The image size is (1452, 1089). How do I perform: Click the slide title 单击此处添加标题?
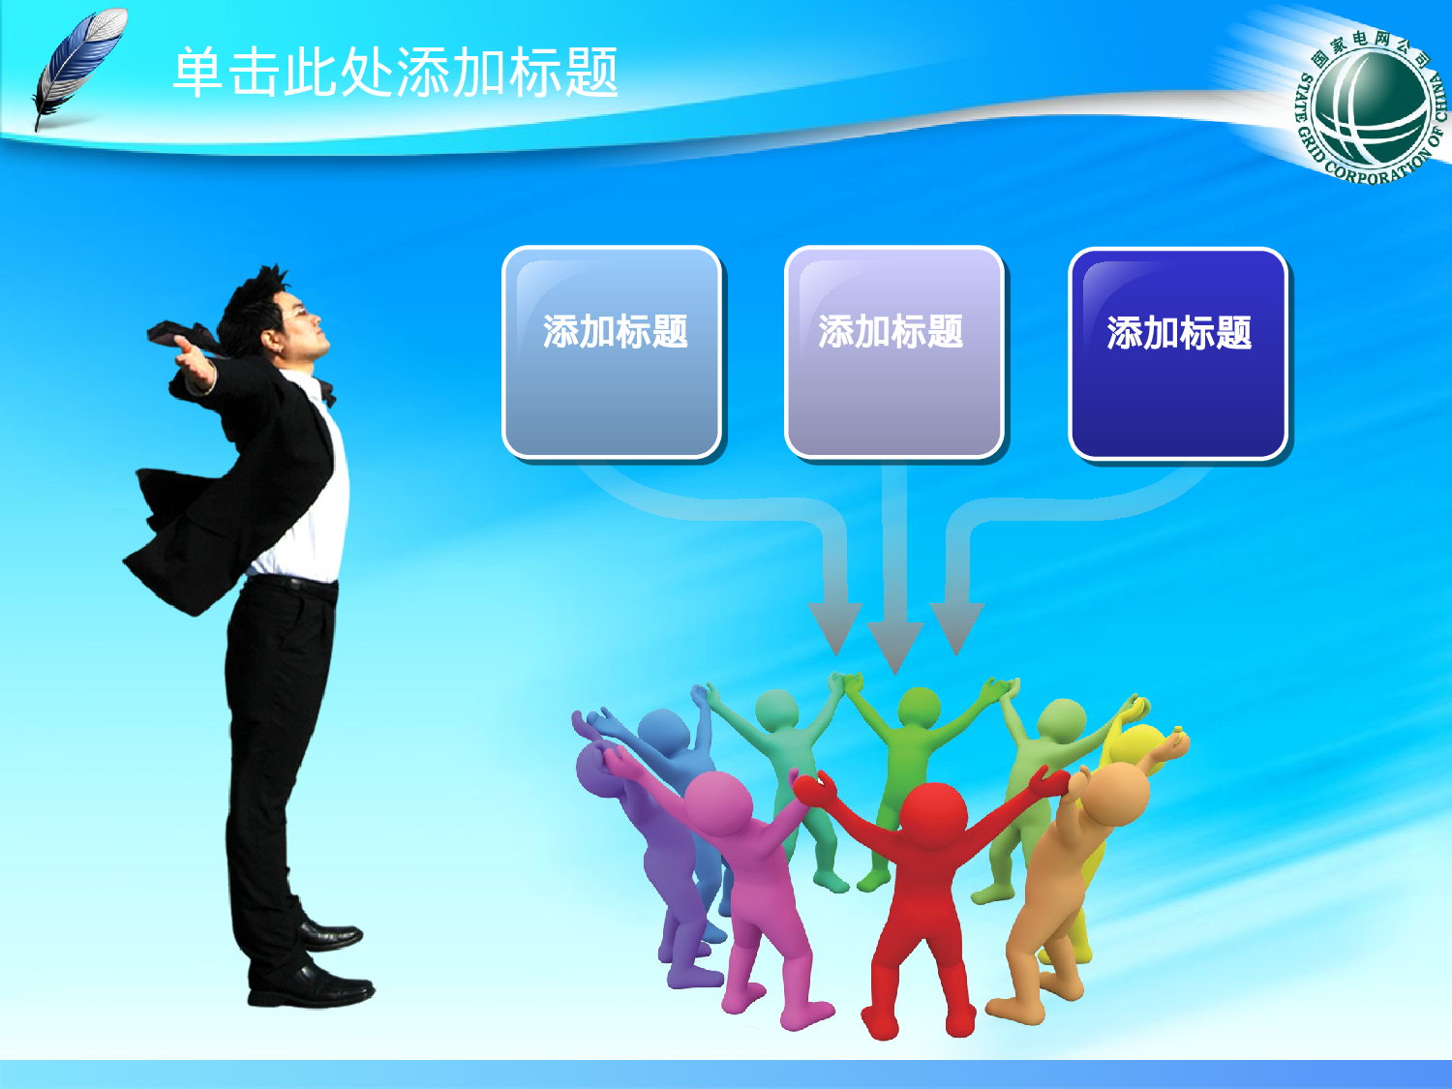coord(395,73)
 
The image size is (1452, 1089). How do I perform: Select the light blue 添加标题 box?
coord(612,352)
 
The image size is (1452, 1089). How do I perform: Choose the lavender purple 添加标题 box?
coord(893,352)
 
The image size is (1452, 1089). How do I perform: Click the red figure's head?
coord(933,813)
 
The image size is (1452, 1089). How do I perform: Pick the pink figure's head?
coord(717,802)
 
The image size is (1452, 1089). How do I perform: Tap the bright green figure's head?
coord(919,708)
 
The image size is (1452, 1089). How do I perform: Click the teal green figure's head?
coord(776,711)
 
